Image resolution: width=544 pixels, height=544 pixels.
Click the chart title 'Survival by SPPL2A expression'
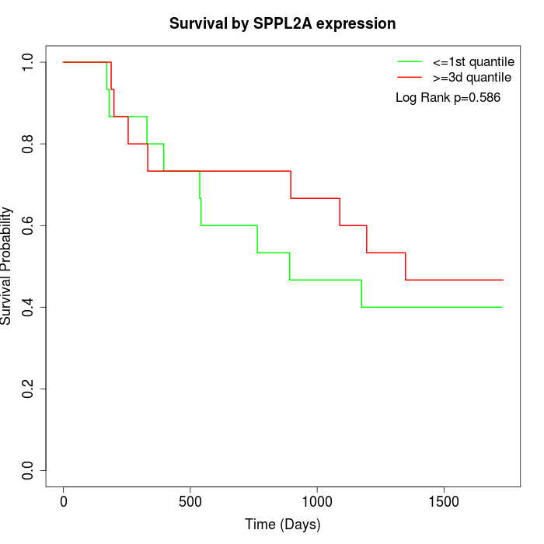coord(283,24)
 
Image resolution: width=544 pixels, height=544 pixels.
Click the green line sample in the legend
coord(410,61)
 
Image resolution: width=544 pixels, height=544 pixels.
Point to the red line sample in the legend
coord(410,78)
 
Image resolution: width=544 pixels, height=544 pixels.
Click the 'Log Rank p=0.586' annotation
coord(448,98)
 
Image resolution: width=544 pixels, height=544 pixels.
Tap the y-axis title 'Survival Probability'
coord(7,266)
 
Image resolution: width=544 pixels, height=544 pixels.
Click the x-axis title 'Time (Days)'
coord(283,525)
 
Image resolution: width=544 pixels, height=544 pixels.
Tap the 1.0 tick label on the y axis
coord(29,62)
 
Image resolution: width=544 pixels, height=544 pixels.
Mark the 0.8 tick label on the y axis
coord(29,144)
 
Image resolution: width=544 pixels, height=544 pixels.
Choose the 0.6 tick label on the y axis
coord(29,225)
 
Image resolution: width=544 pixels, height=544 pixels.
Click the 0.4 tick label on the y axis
coord(29,307)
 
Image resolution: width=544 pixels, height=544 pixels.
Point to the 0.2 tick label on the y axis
coord(29,389)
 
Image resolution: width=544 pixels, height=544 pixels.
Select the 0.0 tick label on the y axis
coord(29,470)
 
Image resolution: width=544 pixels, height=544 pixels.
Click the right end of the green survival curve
coord(502,307)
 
